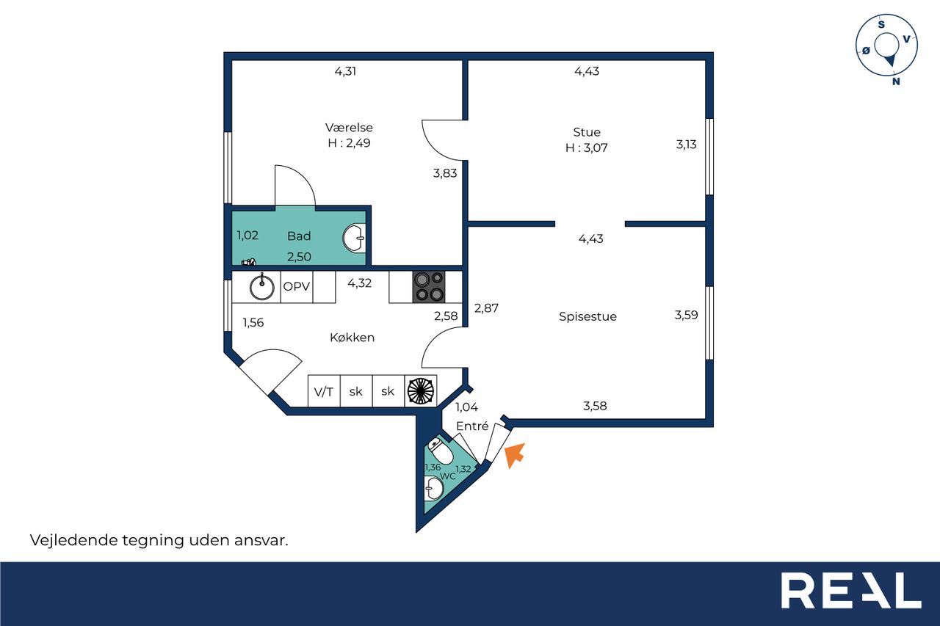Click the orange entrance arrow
coord(514,455)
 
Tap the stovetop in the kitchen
coord(429,287)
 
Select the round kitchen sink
coord(262,287)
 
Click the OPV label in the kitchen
coord(296,286)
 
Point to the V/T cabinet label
coord(324,392)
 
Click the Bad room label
coord(299,236)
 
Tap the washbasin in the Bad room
coord(354,239)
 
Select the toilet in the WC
coord(440,451)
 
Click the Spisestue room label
coord(587,316)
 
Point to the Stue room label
coord(587,132)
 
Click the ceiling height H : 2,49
coord(349,143)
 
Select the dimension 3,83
coord(445,173)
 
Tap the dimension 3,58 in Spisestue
coord(595,406)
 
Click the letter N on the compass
coord(896,81)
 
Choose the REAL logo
coord(851,590)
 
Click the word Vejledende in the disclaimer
coord(73,540)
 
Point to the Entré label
coord(472,426)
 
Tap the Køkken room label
coord(352,337)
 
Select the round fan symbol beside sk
coord(421,391)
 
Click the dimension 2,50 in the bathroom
coord(299,257)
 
